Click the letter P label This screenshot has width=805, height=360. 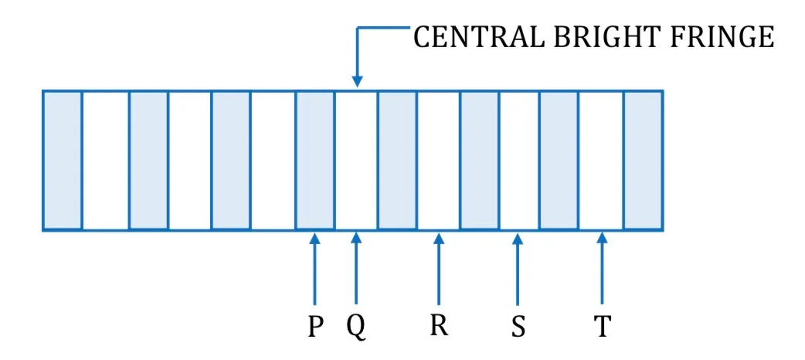tap(315, 326)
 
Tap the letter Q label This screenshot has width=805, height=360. tap(356, 327)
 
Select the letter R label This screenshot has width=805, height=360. tap(438, 325)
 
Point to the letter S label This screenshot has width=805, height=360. tap(518, 326)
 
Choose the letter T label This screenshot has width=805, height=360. tap(602, 326)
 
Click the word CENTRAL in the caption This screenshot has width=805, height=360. tap(477, 37)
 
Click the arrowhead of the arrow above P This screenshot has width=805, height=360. tap(315, 238)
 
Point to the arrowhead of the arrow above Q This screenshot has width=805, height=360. tap(356, 238)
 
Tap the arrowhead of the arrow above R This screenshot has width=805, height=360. tap(438, 238)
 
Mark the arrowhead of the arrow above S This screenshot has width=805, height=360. tap(518, 238)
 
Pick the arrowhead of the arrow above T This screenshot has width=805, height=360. tap(602, 238)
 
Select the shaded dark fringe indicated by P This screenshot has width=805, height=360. tap(314, 160)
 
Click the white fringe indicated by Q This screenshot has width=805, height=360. tap(356, 160)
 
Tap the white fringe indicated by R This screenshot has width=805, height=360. tap(438, 160)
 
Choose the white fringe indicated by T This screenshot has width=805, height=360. tap(601, 160)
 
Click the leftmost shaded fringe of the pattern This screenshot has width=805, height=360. tap(63, 160)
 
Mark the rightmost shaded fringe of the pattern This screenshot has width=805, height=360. tap(642, 160)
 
